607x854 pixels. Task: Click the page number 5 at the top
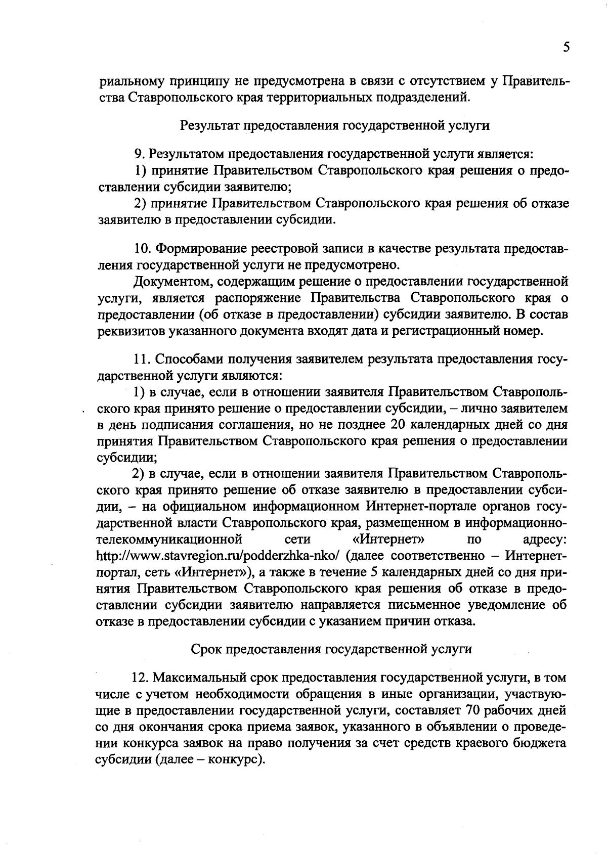[x=566, y=47]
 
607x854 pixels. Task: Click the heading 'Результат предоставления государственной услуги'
[x=334, y=125]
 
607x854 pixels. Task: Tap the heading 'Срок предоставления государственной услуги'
[x=331, y=649]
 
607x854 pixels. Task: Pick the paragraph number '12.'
[x=141, y=678]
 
